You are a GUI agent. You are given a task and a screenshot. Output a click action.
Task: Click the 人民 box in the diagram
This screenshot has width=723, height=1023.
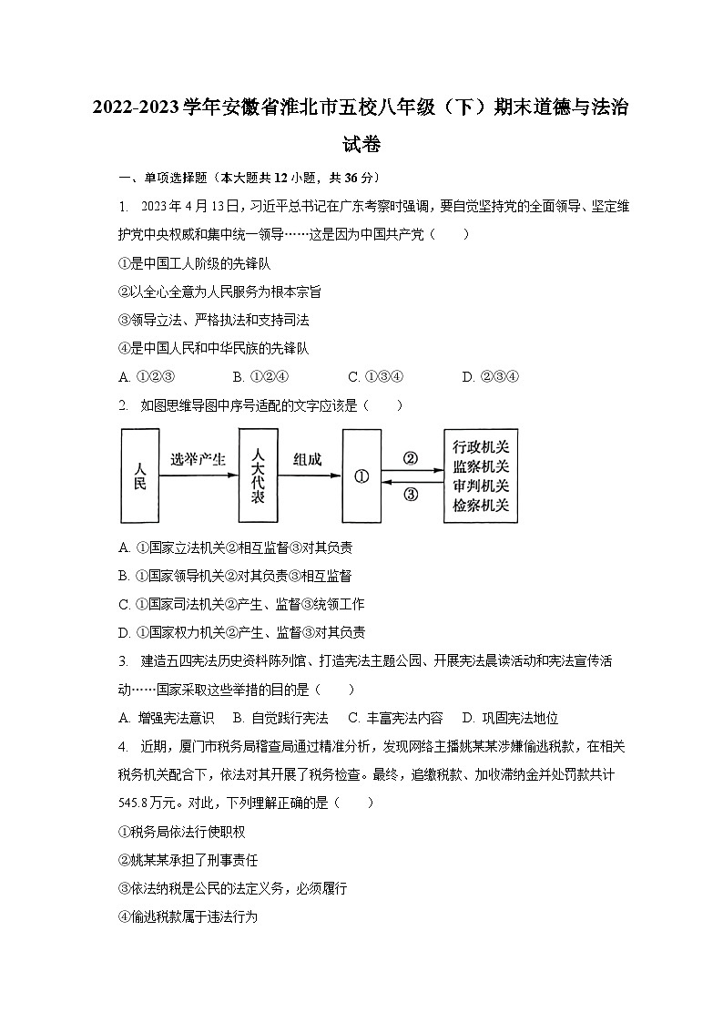pyautogui.click(x=139, y=476)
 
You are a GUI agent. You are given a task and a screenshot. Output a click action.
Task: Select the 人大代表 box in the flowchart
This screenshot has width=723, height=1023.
pyautogui.click(x=258, y=476)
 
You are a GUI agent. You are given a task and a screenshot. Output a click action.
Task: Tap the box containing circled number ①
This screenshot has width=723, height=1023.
pyautogui.click(x=361, y=476)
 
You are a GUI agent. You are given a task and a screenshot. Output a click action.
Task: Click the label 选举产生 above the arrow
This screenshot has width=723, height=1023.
pyautogui.click(x=198, y=460)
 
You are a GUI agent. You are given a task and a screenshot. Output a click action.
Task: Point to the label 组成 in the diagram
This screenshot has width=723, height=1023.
pyautogui.click(x=307, y=460)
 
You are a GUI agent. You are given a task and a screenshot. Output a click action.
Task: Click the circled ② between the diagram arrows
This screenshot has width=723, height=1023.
pyautogui.click(x=410, y=459)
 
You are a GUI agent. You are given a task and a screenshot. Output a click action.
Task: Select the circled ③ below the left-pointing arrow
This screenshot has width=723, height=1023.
pyautogui.click(x=410, y=495)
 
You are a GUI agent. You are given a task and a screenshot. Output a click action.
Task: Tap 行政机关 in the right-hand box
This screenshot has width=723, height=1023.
pyautogui.click(x=481, y=446)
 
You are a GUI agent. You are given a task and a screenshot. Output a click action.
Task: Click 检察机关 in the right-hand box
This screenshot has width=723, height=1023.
pyautogui.click(x=481, y=506)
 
